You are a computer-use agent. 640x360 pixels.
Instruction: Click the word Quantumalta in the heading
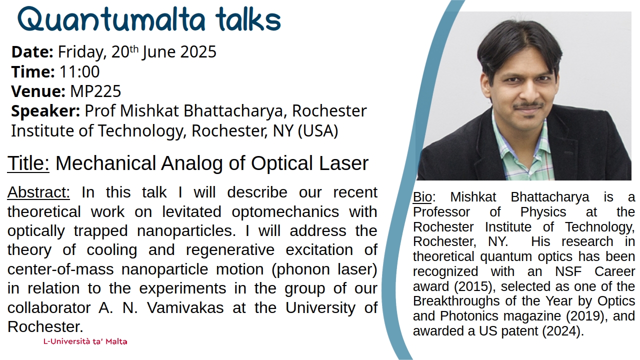click(111, 19)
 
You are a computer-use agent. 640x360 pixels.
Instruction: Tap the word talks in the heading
click(248, 19)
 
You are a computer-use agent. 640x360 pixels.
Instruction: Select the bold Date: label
click(32, 51)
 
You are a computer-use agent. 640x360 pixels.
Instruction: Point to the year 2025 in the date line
click(198, 51)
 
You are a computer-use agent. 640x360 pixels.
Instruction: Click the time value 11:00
click(79, 71)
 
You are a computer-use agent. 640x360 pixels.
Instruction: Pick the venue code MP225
click(95, 91)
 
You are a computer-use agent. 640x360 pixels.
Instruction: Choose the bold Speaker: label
click(45, 111)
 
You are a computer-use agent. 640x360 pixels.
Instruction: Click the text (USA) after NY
click(318, 130)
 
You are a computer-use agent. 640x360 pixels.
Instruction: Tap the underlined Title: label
click(28, 163)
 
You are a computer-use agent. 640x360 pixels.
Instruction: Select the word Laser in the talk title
click(343, 163)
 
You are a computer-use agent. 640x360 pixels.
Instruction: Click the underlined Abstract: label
click(38, 192)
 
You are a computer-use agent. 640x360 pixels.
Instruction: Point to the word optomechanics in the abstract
click(285, 212)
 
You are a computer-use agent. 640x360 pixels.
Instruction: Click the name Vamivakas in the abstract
click(185, 307)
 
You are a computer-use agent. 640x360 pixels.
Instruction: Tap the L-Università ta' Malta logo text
click(85, 341)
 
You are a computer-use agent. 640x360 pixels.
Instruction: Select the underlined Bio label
click(422, 197)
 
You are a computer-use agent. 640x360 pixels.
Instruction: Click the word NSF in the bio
click(568, 271)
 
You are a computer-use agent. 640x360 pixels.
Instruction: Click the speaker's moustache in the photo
click(528, 105)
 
